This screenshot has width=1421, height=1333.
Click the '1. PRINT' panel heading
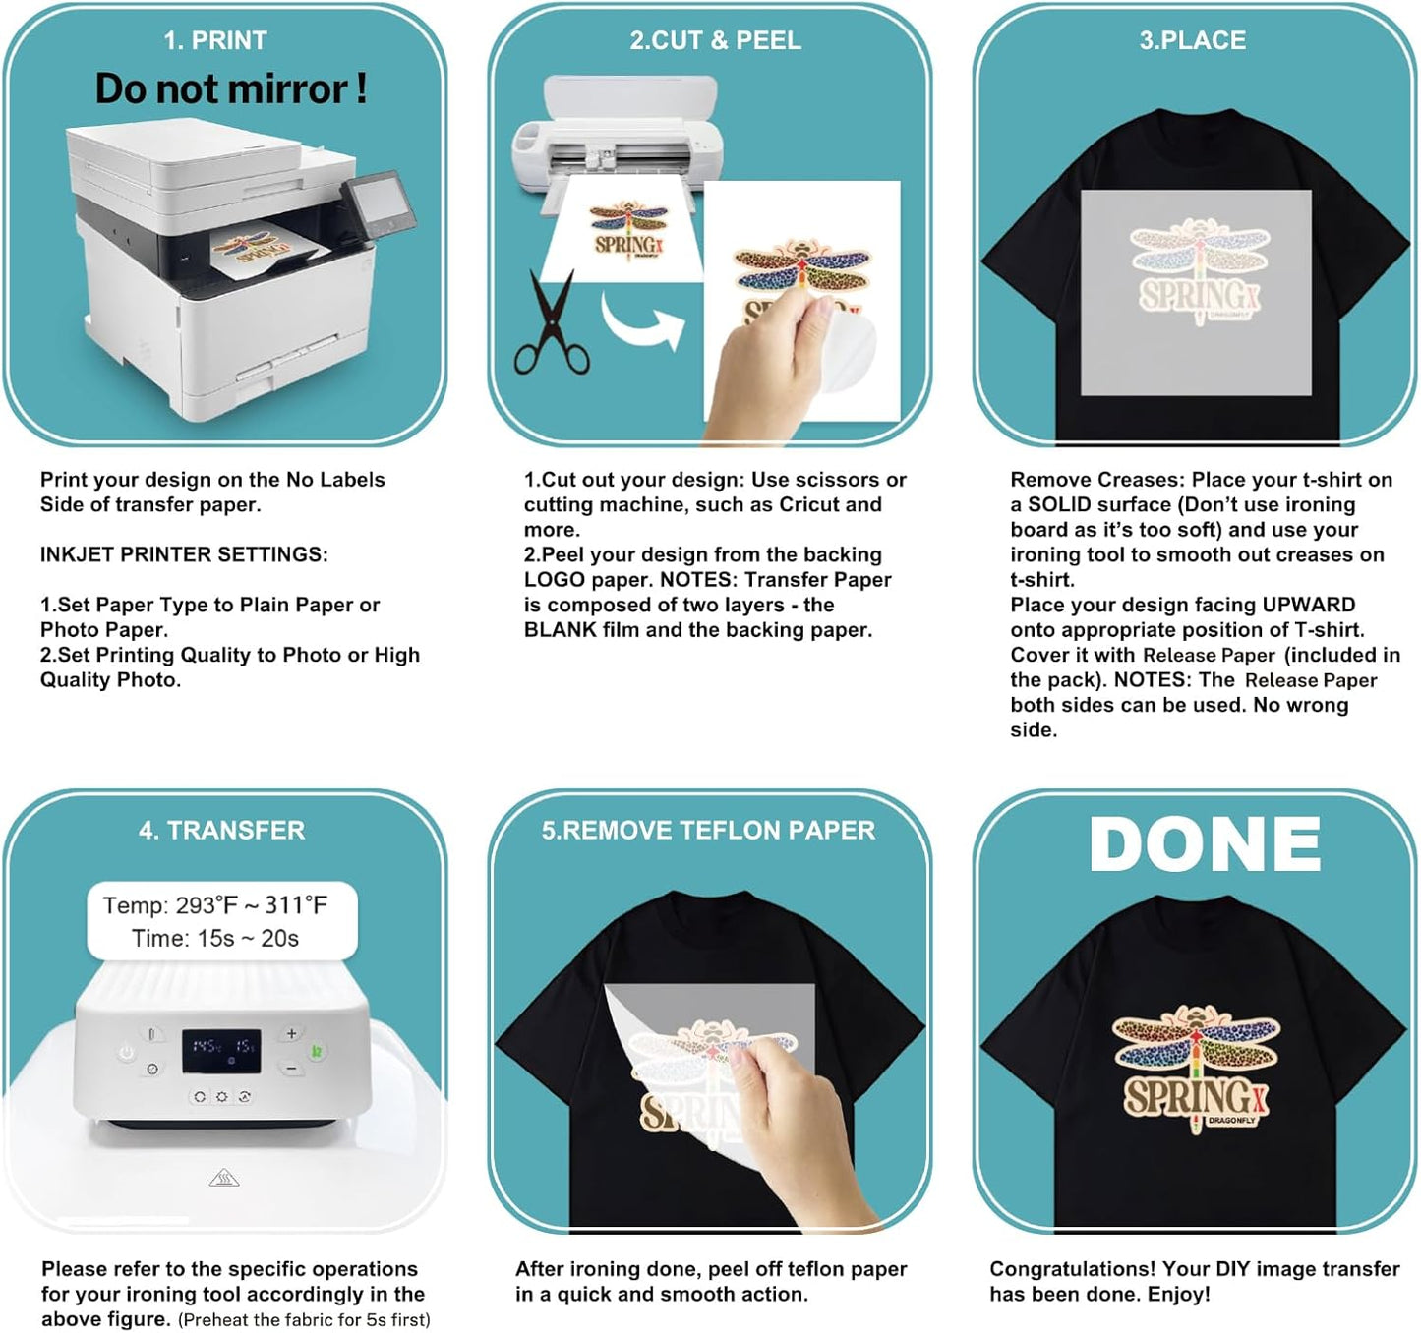pyautogui.click(x=215, y=41)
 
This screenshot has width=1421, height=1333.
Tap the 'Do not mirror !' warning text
pyautogui.click(x=231, y=89)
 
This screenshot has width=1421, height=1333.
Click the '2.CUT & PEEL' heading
pyautogui.click(x=715, y=41)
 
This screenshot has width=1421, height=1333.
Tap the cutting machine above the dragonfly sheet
pyautogui.click(x=618, y=133)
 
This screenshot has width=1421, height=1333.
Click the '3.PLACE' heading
pyautogui.click(x=1192, y=41)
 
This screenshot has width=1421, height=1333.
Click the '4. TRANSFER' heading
pyautogui.click(x=221, y=831)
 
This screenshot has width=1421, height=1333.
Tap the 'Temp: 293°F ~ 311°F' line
pyautogui.click(x=215, y=905)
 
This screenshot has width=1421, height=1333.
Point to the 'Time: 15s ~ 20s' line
pyautogui.click(x=215, y=939)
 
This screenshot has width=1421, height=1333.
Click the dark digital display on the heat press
pyautogui.click(x=221, y=1051)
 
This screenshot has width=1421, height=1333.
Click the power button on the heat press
pyautogui.click(x=127, y=1052)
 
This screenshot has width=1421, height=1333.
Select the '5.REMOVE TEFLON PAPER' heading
pyautogui.click(x=708, y=831)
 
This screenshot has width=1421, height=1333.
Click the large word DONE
pyautogui.click(x=1205, y=844)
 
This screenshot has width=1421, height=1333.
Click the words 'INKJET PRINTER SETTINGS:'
pyautogui.click(x=184, y=554)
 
